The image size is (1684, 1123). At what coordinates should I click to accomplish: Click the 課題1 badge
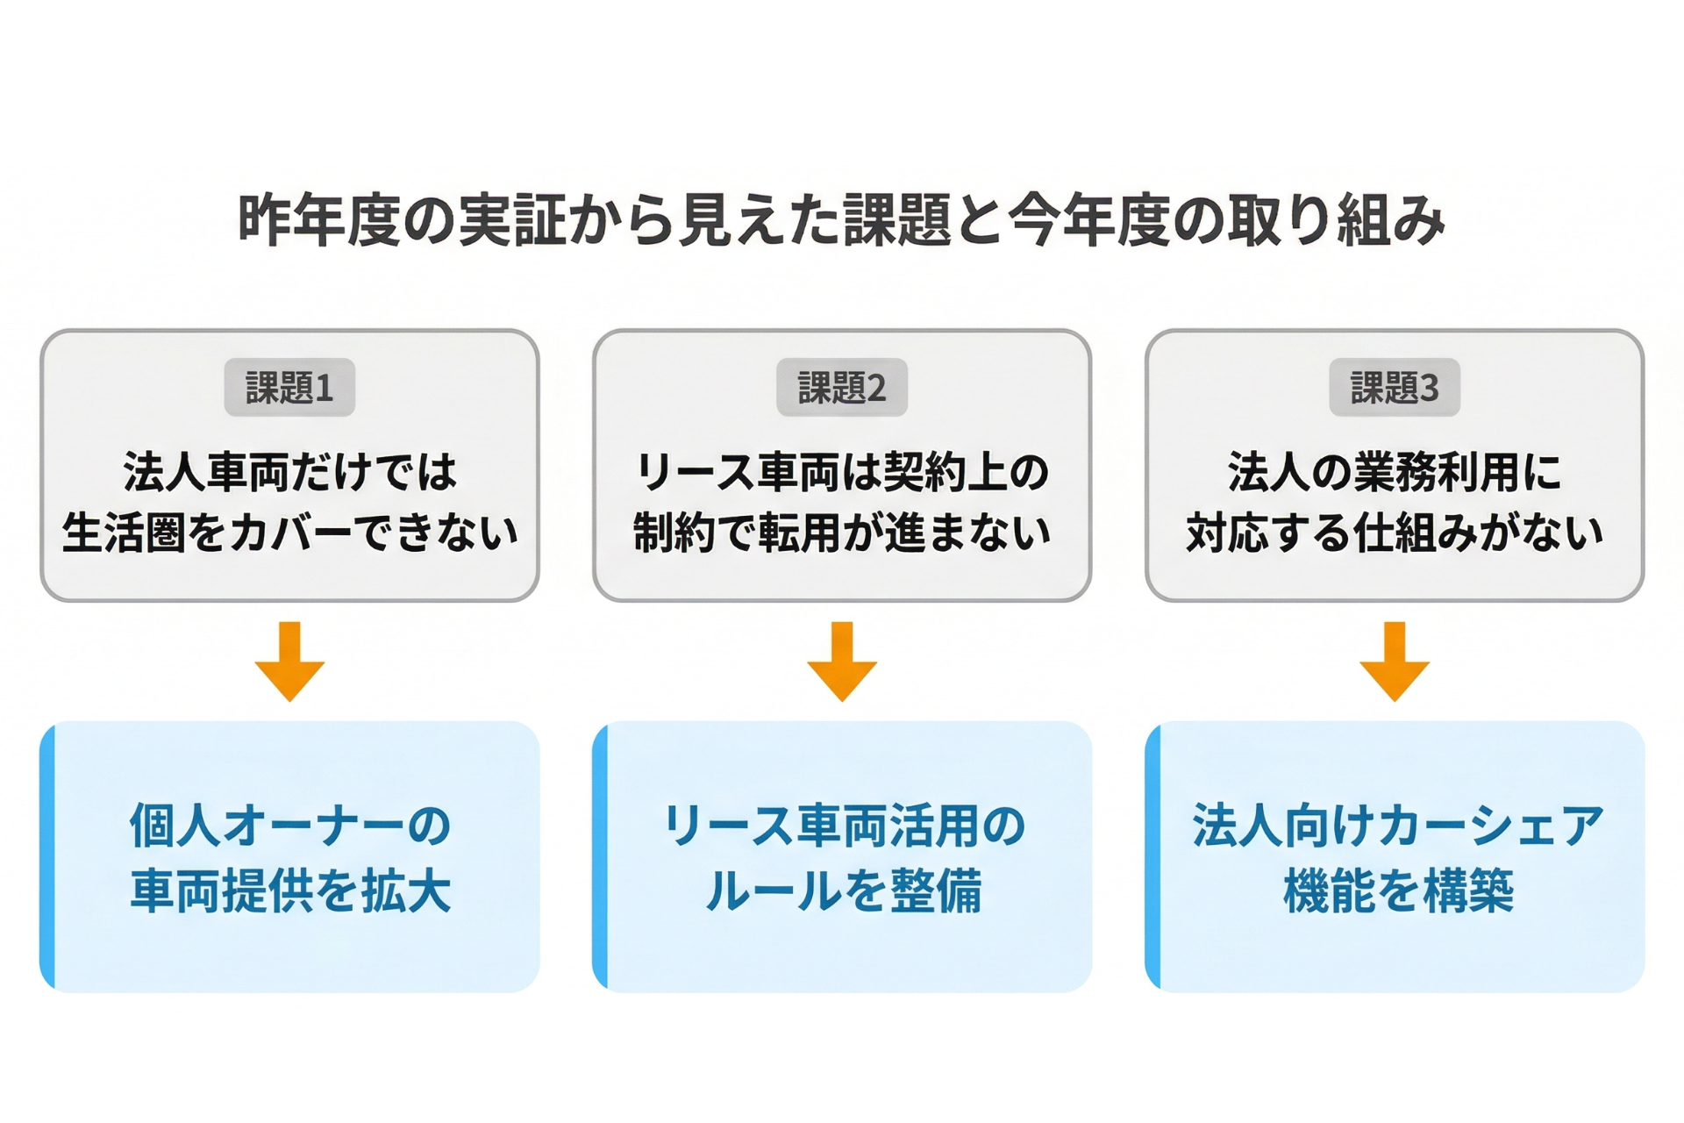pyautogui.click(x=289, y=387)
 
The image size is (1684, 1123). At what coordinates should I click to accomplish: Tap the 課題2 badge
pyautogui.click(x=842, y=387)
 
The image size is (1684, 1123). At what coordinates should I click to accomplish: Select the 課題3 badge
pyautogui.click(x=1395, y=387)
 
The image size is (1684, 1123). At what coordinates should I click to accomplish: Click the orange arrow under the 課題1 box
pyautogui.click(x=289, y=662)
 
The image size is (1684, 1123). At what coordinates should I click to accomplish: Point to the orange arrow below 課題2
pyautogui.click(x=842, y=662)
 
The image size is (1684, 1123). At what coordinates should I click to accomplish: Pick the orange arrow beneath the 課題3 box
pyautogui.click(x=1395, y=662)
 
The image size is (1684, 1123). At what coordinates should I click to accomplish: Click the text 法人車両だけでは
pyautogui.click(x=289, y=472)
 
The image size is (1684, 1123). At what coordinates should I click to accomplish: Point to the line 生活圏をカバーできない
pyautogui.click(x=289, y=533)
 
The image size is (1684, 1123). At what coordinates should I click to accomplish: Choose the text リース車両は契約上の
pyautogui.click(x=842, y=472)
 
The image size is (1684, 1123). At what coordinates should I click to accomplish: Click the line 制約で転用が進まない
pyautogui.click(x=842, y=533)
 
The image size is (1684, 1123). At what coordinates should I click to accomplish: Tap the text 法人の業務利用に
pyautogui.click(x=1395, y=472)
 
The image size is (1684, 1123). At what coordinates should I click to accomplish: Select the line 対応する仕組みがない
pyautogui.click(x=1395, y=533)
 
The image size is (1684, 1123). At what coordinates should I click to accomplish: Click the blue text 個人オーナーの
pyautogui.click(x=289, y=826)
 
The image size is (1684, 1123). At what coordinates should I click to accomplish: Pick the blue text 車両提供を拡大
pyautogui.click(x=289, y=891)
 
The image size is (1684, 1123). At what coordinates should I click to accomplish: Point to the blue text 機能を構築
pyautogui.click(x=1397, y=891)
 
